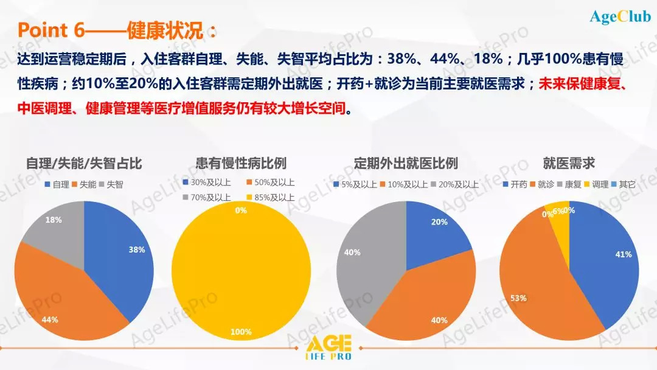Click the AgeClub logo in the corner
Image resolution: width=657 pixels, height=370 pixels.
coord(620,16)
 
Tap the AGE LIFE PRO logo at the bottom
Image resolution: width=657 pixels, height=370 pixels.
coord(328,347)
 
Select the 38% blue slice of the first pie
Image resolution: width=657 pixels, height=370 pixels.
coord(122,256)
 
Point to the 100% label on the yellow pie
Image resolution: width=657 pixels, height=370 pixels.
coord(241,332)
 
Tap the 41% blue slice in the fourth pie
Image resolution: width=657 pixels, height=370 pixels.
coord(608,264)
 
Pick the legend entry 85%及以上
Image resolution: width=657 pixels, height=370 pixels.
coord(271,197)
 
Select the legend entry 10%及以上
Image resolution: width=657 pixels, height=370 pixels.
coord(404,184)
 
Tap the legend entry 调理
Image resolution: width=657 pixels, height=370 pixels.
coord(596,184)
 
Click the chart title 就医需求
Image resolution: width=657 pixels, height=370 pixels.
coord(569,163)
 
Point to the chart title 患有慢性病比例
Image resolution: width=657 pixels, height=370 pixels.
coord(241,163)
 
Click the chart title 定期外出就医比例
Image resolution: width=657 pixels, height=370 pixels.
coord(406,163)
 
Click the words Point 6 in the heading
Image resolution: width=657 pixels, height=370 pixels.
coord(50,30)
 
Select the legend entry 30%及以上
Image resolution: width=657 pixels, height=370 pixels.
coord(207,183)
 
